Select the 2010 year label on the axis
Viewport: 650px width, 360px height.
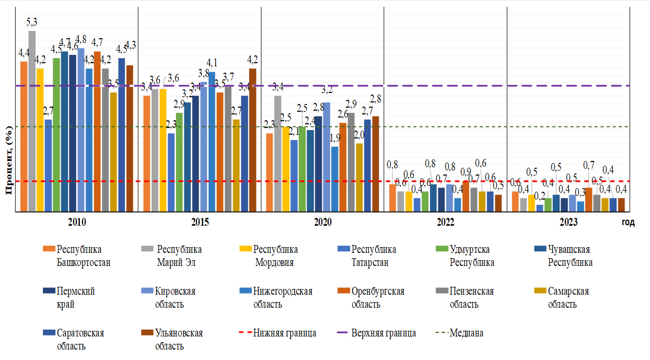[x=77, y=222]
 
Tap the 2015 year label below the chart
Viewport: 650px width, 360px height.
[x=200, y=222]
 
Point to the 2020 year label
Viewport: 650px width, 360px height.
[x=322, y=222]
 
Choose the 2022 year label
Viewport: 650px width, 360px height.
[x=445, y=222]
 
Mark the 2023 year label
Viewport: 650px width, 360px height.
[x=568, y=222]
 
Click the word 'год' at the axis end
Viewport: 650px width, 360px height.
[x=628, y=223]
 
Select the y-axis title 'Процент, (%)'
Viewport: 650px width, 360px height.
[x=9, y=160]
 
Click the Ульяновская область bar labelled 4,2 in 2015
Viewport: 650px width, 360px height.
[x=252, y=140]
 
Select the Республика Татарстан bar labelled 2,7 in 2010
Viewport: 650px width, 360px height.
[x=48, y=166]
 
